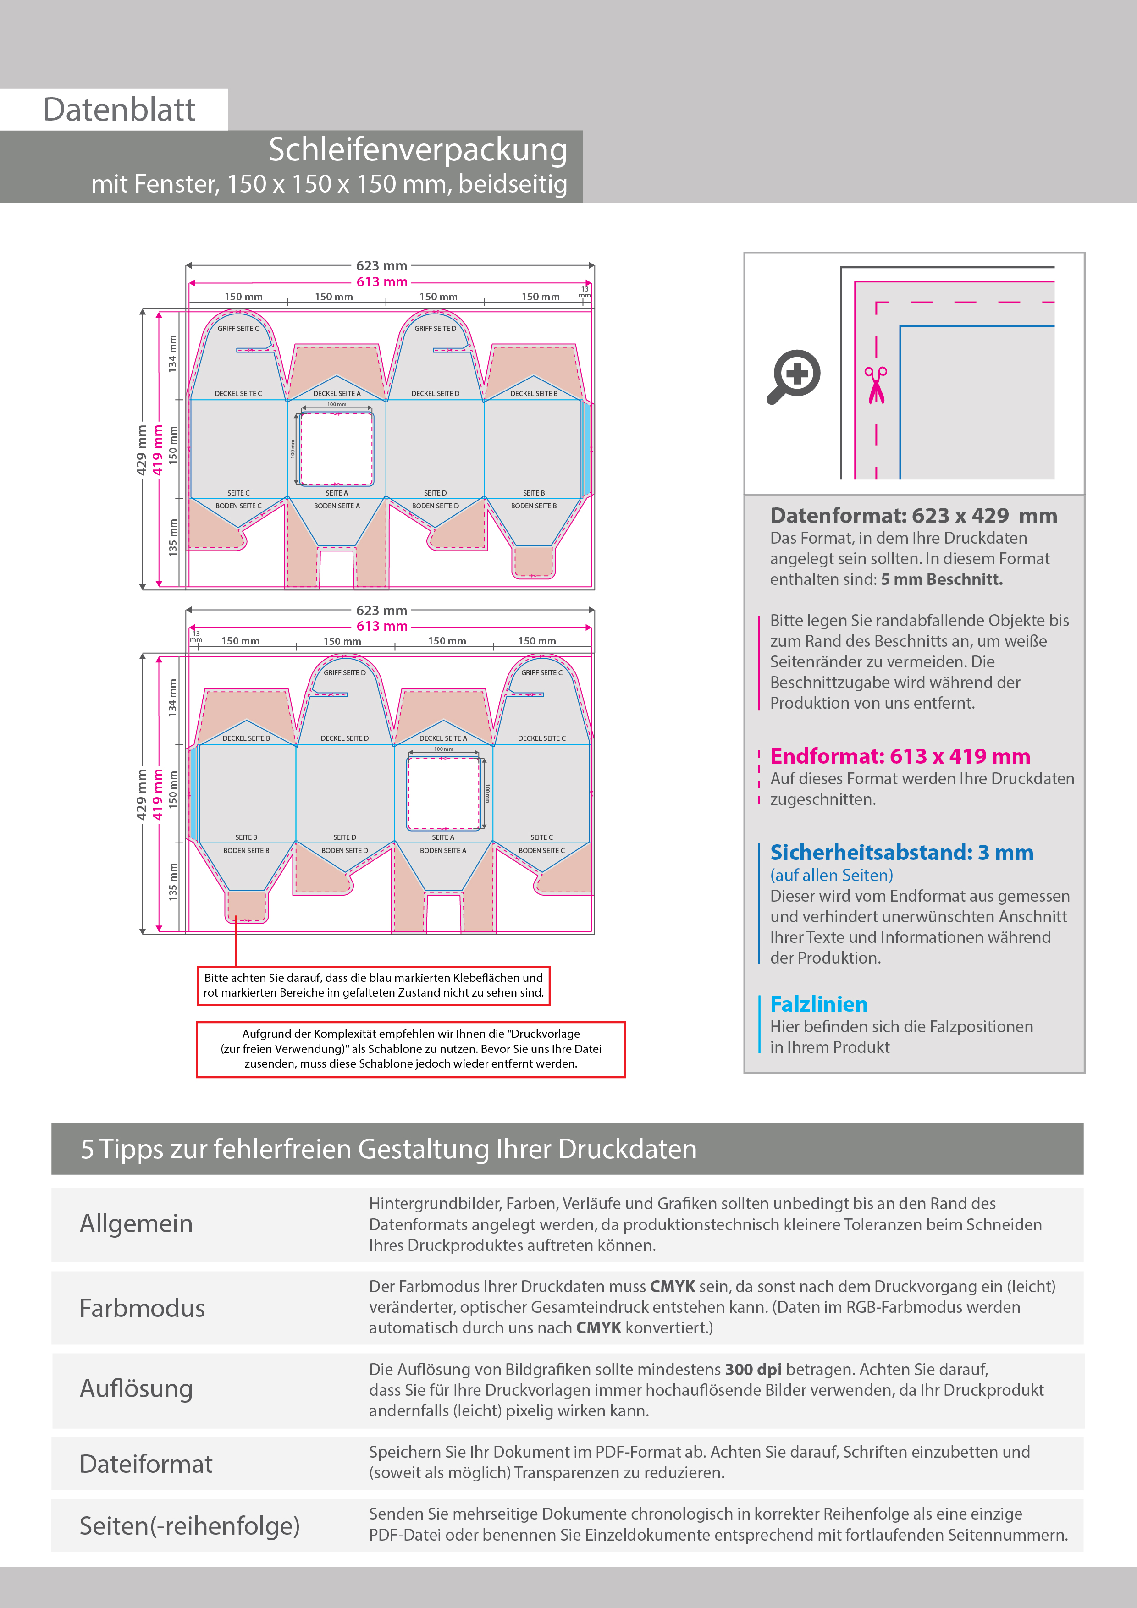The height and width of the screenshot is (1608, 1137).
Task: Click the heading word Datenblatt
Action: [119, 110]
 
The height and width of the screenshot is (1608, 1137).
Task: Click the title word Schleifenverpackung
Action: [418, 150]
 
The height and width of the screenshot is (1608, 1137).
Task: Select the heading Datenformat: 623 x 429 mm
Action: [913, 516]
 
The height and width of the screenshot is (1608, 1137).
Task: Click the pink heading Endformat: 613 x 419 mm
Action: [900, 756]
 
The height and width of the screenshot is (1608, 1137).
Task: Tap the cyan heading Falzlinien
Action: [818, 1004]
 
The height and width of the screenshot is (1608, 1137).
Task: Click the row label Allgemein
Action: [136, 1223]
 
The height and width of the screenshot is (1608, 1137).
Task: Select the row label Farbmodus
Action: [142, 1308]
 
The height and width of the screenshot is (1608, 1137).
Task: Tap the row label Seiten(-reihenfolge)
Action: [189, 1526]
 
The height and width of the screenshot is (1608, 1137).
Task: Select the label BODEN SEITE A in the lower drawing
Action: [443, 851]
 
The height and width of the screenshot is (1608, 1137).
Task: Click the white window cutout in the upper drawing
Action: [336, 448]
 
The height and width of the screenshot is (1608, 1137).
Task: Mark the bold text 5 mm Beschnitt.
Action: [942, 579]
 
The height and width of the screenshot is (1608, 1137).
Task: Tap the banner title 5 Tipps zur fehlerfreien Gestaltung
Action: [388, 1149]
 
